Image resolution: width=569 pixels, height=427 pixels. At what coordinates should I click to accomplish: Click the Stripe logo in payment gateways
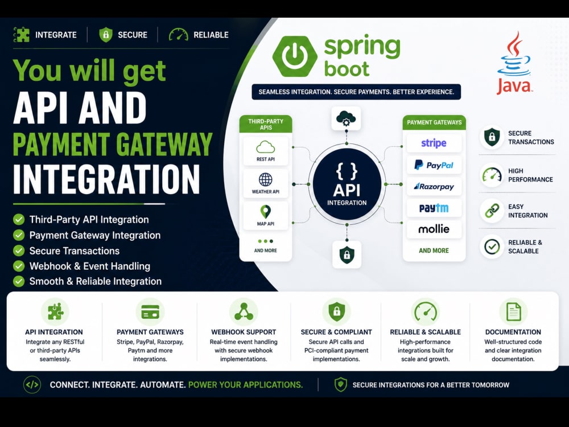434,143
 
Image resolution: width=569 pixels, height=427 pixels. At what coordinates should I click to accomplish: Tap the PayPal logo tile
434,165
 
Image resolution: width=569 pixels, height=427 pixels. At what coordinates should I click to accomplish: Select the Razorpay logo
434,187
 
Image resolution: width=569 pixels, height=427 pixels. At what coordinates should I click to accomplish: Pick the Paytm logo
434,208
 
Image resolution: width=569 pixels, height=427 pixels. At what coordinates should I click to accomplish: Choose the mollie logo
434,229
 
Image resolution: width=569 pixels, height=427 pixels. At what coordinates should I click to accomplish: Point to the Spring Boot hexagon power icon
295,56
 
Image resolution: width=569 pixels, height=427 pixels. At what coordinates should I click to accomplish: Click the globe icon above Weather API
266,179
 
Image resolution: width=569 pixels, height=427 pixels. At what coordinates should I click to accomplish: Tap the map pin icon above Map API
266,212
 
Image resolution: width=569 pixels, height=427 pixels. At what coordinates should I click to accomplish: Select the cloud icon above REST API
266,147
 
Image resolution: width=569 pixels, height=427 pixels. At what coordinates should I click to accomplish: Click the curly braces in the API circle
347,171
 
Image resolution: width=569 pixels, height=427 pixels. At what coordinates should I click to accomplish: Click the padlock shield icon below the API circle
347,254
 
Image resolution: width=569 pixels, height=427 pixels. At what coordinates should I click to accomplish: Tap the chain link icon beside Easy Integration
492,211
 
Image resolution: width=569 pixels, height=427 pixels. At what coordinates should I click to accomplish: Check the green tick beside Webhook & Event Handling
19,266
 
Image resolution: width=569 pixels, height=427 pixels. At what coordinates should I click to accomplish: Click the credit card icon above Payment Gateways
150,311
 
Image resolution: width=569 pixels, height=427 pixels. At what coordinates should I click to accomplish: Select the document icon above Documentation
513,311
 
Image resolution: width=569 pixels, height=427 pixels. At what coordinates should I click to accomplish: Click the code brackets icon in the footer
32,385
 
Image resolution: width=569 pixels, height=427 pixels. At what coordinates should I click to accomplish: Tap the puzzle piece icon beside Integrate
22,35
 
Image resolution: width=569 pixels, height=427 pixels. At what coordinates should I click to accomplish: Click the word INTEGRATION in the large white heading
106,179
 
